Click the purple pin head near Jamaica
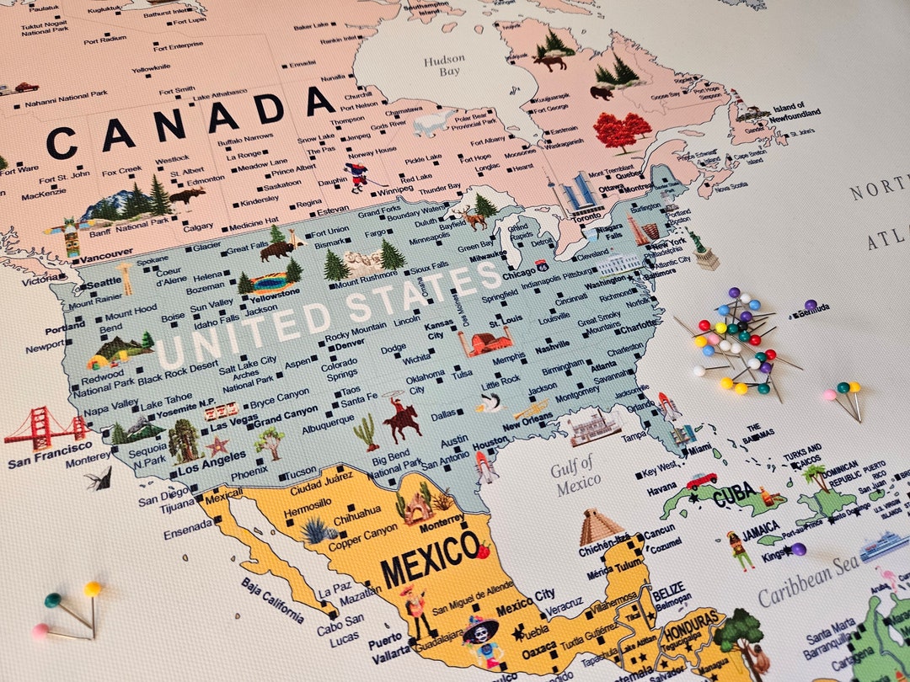click(x=798, y=550)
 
